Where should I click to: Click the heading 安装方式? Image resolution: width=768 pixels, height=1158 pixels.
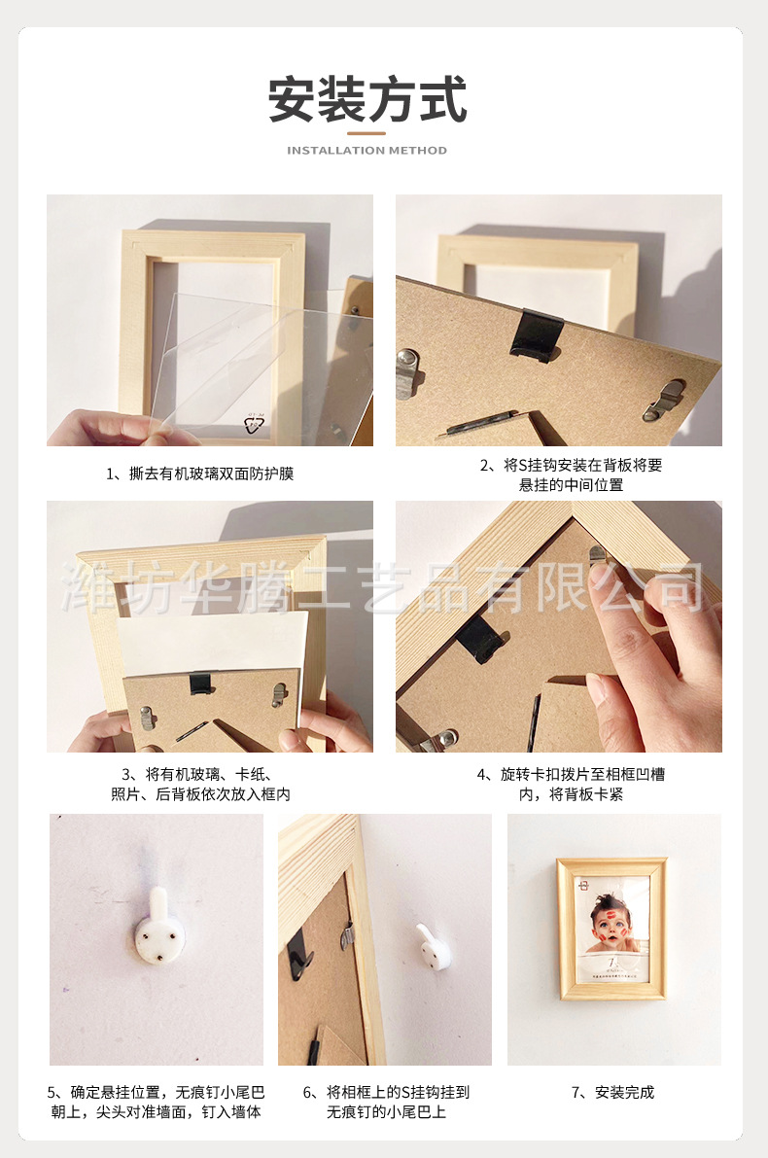click(367, 99)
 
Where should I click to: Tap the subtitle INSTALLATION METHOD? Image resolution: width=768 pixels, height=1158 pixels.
click(367, 151)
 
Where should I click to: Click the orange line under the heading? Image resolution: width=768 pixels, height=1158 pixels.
click(367, 133)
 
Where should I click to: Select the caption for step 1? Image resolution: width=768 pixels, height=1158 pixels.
click(200, 474)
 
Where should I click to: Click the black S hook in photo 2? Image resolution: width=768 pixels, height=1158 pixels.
click(536, 334)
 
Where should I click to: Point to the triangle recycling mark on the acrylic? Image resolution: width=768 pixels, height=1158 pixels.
click(254, 424)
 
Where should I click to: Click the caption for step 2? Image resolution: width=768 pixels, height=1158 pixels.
click(571, 474)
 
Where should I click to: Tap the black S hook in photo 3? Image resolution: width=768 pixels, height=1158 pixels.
click(200, 684)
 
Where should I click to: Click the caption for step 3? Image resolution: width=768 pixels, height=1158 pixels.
click(200, 785)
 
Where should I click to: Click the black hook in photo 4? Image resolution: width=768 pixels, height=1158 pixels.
click(482, 638)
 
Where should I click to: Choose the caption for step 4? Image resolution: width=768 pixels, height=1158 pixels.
click(571, 785)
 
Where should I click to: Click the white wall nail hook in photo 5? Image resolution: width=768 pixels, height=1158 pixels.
click(156, 928)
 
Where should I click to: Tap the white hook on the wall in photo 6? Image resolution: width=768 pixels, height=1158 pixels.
click(429, 946)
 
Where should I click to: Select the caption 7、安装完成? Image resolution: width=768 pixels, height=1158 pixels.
click(612, 1092)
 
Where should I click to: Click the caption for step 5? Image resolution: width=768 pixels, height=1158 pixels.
click(156, 1102)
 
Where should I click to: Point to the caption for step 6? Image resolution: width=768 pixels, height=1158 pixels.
click(386, 1102)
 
